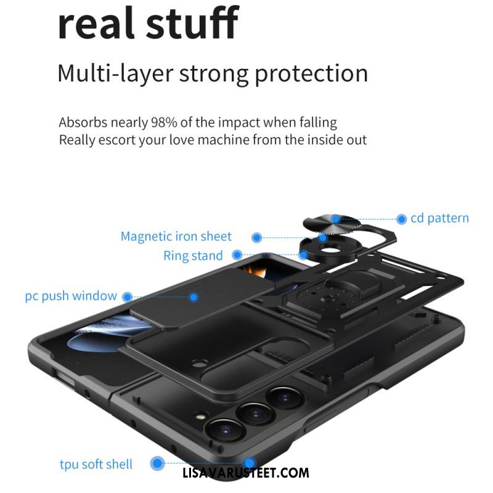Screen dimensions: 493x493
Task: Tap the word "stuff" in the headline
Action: pyautogui.click(x=192, y=23)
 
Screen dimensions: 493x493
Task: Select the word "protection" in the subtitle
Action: pyautogui.click(x=311, y=75)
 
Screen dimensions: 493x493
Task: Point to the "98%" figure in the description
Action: pyautogui.click(x=164, y=122)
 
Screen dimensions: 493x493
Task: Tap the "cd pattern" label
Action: pyautogui.click(x=439, y=218)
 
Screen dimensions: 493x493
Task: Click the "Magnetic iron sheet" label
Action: pyautogui.click(x=176, y=237)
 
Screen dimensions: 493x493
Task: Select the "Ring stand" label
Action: pyautogui.click(x=193, y=256)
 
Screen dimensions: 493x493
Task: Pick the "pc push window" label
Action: pyautogui.click(x=71, y=296)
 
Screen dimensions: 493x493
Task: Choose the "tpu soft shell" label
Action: pyautogui.click(x=96, y=465)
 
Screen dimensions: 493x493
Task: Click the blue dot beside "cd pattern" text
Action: pyautogui.click(x=402, y=219)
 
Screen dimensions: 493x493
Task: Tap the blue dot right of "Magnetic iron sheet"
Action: pyautogui.click(x=257, y=238)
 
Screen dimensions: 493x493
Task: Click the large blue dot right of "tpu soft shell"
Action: pyautogui.click(x=157, y=463)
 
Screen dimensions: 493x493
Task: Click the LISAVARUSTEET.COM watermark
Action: pyautogui.click(x=245, y=473)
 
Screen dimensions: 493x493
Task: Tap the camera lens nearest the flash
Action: pyautogui.click(x=225, y=430)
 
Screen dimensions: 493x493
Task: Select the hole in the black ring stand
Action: pyautogui.click(x=330, y=250)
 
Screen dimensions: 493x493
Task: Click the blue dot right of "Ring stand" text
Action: pyautogui.click(x=237, y=255)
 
